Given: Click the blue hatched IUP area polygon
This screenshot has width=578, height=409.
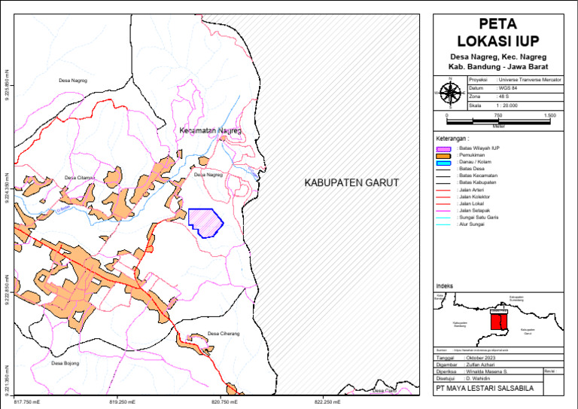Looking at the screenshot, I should tap(205, 222).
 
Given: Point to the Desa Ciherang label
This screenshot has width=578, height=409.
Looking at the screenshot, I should tap(224, 334).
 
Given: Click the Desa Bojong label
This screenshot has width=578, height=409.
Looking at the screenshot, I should tap(65, 363).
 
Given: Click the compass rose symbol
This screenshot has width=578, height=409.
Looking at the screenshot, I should tap(450, 93).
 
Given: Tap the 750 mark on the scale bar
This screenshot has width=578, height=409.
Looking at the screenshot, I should tap(497, 115).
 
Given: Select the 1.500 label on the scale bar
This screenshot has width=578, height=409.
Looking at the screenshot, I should tap(549, 115).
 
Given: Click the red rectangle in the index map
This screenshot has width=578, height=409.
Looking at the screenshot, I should tap(498, 322).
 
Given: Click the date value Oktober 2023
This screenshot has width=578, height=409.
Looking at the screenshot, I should tap(491, 357).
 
